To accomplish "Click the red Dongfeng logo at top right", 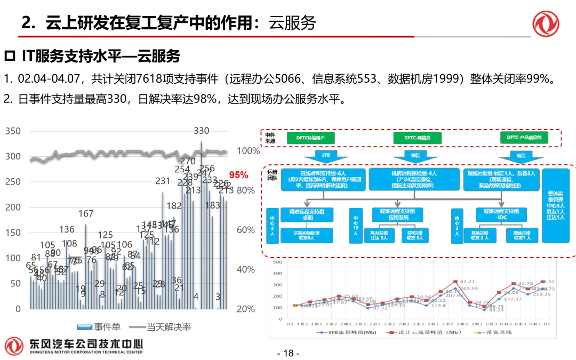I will click(x=546, y=23).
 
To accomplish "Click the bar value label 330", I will click(x=202, y=131).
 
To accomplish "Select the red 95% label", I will click(x=238, y=175).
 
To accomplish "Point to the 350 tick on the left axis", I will click(x=13, y=131).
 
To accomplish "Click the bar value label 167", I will click(x=86, y=214).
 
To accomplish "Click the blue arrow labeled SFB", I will click(x=325, y=156).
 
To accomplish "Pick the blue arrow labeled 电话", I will click(x=520, y=156).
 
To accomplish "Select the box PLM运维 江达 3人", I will click(x=379, y=235).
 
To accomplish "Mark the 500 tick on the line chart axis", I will click(x=276, y=262).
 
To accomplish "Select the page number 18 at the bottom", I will click(x=288, y=353).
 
